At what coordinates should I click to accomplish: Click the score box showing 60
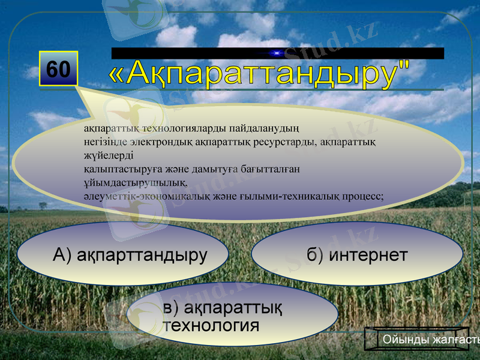tap(58, 69)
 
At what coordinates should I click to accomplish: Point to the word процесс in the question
tap(362, 196)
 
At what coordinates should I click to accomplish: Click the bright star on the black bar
tap(277, 53)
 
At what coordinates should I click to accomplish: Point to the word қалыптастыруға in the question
tap(119, 169)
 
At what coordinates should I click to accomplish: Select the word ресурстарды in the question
tap(287, 142)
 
